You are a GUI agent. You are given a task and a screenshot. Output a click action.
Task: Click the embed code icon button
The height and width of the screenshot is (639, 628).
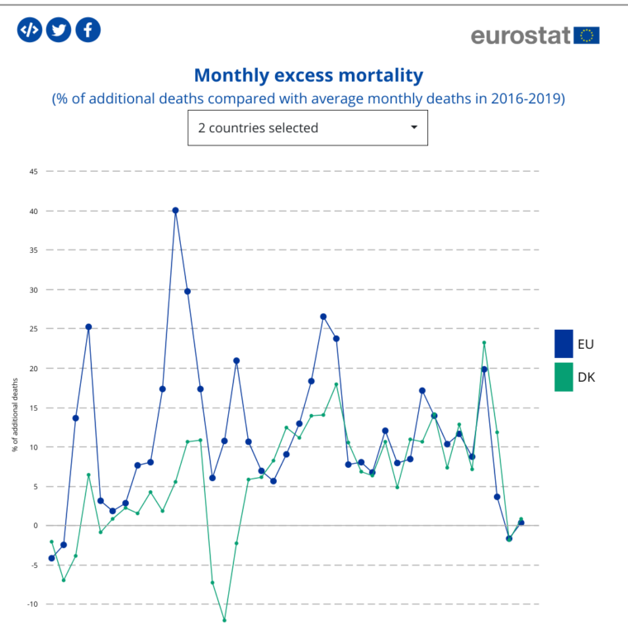[29, 30]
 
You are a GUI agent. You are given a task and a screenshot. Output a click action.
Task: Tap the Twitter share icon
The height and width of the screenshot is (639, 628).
[58, 30]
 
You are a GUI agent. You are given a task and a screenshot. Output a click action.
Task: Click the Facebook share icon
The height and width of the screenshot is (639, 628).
[88, 30]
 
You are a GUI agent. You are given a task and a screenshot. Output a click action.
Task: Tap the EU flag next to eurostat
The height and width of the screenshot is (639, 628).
[588, 35]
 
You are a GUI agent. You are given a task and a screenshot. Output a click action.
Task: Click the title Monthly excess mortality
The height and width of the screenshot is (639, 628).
[308, 75]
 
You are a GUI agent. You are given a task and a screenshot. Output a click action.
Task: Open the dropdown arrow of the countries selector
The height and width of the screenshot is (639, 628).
[414, 128]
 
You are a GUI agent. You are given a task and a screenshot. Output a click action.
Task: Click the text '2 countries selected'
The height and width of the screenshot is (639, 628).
[258, 128]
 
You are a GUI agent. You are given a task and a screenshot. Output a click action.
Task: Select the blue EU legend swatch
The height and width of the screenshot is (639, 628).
[564, 343]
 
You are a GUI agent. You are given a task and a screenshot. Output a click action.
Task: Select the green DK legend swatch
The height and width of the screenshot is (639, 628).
[564, 377]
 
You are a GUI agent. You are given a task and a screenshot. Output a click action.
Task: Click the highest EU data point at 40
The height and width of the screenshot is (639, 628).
[175, 210]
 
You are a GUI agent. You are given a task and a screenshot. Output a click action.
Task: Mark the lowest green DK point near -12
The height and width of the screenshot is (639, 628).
[224, 620]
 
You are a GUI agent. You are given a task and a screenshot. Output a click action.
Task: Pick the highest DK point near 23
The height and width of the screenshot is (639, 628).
[484, 343]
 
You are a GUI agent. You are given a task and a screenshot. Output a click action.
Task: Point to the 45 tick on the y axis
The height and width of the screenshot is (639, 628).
[34, 171]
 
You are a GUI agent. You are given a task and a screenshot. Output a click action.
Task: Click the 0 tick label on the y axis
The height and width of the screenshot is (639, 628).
[36, 526]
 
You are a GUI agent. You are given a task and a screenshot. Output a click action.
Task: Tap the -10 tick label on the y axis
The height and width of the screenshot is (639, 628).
[33, 604]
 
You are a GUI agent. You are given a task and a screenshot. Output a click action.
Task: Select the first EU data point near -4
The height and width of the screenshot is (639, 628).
[51, 558]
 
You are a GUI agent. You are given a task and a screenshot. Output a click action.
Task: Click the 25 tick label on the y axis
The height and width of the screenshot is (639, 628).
[34, 329]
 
